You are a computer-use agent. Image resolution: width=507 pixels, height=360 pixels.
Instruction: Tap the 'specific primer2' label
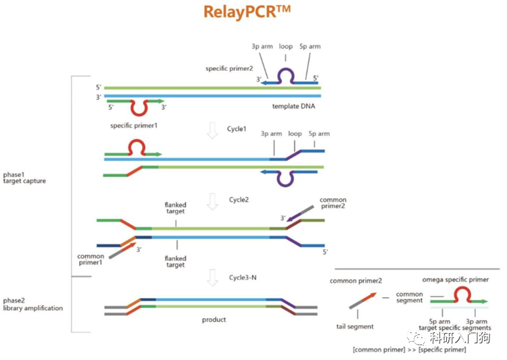pyautogui.click(x=230, y=68)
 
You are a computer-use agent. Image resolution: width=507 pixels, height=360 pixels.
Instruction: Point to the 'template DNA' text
pyautogui.click(x=295, y=107)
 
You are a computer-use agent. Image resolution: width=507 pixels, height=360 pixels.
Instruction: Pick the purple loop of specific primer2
pyautogui.click(x=286, y=74)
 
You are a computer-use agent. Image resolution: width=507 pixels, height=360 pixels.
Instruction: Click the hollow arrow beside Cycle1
pyautogui.click(x=212, y=130)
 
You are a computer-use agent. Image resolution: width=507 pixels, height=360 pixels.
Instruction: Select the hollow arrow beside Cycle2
pyautogui.click(x=212, y=201)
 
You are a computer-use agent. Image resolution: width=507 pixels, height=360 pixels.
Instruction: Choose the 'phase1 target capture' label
pyautogui.click(x=24, y=177)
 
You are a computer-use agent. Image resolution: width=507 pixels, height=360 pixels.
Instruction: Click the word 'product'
pyautogui.click(x=214, y=319)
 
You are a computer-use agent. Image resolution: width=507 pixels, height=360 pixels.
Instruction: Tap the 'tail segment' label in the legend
pyautogui.click(x=357, y=327)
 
